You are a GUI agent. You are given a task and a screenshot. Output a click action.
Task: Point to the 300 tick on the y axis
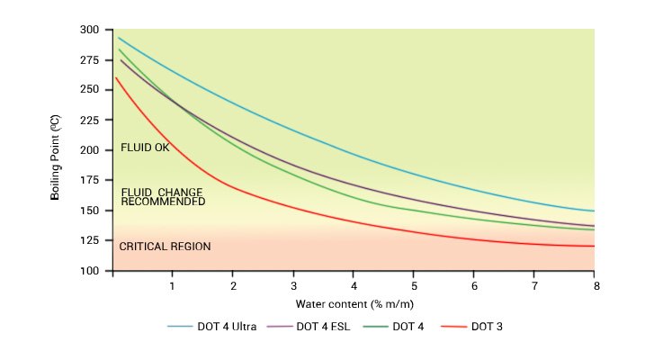pos(90,30)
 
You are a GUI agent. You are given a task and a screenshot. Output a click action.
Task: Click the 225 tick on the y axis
pos(90,120)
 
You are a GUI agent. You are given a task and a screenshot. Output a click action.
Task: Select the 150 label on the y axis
pos(90,211)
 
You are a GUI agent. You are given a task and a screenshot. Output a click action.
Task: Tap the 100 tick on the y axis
pos(90,271)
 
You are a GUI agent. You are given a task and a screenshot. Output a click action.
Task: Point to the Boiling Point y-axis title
pos(57,150)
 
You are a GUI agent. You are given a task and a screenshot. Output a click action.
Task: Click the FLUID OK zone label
pos(145,148)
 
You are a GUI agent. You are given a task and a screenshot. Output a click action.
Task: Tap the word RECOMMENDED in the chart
pos(163,202)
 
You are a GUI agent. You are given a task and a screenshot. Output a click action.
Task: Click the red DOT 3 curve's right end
pos(594,246)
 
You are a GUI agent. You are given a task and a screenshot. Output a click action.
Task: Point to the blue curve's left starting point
pos(119,38)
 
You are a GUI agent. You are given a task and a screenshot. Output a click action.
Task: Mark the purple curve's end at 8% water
pos(594,226)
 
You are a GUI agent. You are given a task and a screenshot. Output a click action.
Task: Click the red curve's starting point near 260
pos(117,78)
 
